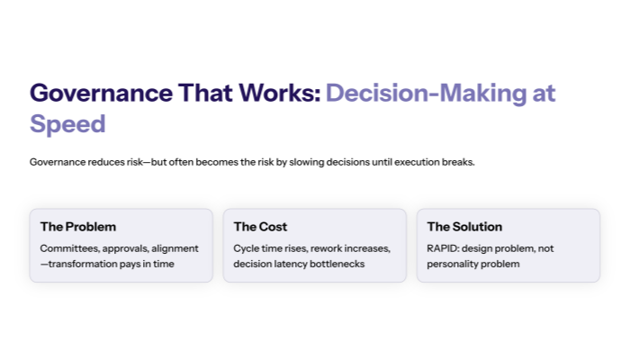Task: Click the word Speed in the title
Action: pos(67,123)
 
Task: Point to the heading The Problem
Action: pos(78,227)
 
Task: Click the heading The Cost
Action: pos(260,227)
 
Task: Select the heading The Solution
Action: pos(464,227)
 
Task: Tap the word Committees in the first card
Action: pos(69,248)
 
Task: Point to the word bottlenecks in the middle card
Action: pos(358,264)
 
